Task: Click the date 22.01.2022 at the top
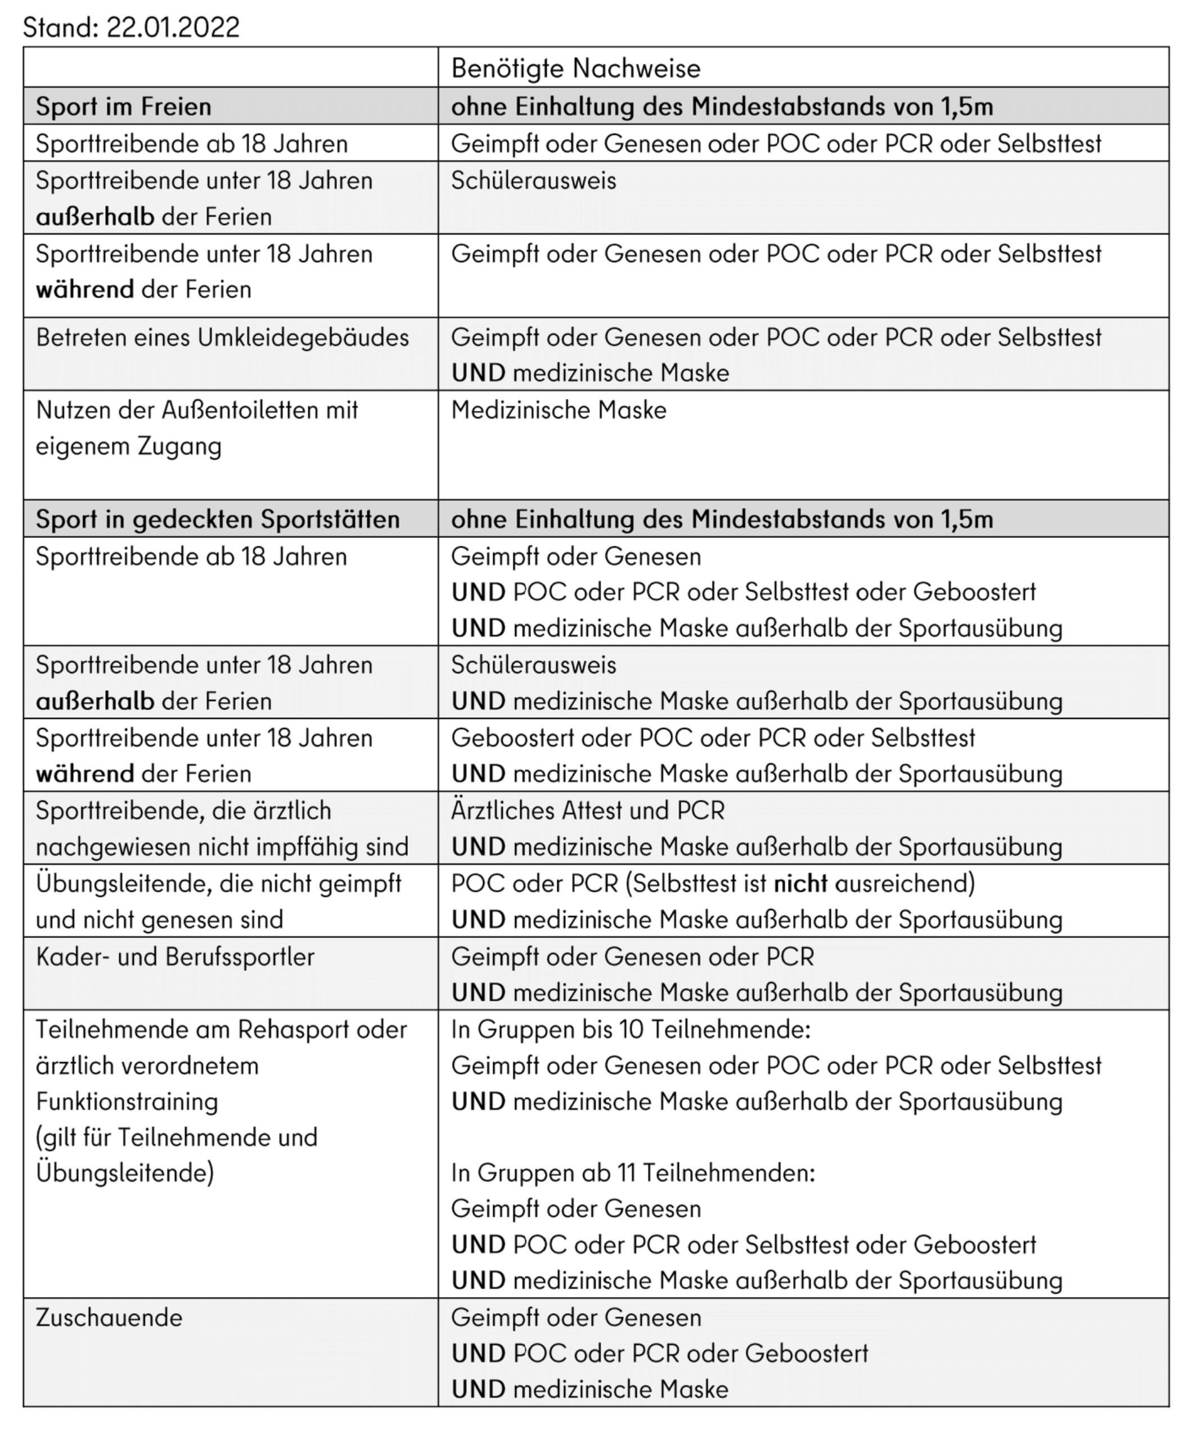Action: click(173, 27)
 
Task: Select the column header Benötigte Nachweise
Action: click(575, 68)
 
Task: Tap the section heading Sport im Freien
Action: click(123, 106)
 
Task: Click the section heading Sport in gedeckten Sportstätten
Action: click(217, 519)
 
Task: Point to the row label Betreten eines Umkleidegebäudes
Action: click(222, 338)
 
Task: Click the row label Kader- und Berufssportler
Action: click(175, 957)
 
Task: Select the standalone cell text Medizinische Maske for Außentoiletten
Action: click(558, 410)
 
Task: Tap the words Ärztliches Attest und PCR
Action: click(587, 811)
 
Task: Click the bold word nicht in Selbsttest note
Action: click(800, 883)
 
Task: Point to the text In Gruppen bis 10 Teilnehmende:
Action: click(630, 1030)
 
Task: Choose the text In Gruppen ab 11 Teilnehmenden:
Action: click(632, 1173)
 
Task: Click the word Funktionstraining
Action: click(127, 1102)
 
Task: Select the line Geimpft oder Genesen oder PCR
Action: click(632, 957)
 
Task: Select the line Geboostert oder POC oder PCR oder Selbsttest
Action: click(713, 738)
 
